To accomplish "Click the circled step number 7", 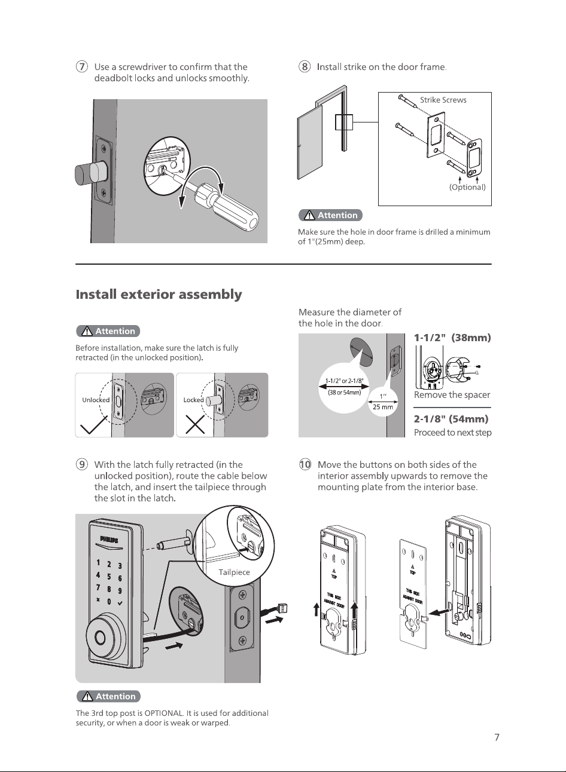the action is [x=81, y=66].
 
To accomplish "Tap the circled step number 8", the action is [x=305, y=66].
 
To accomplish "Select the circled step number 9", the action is [x=81, y=464].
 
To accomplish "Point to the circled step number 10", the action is [x=305, y=464].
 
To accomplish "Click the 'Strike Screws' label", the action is [x=443, y=100].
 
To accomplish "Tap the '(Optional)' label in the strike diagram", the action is [x=467, y=187].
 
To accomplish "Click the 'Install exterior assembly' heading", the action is [x=159, y=295].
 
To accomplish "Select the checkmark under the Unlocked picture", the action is [x=93, y=425].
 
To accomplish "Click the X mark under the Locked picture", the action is [x=195, y=424].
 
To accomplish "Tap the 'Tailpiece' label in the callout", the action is [x=234, y=572].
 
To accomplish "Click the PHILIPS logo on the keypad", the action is [x=109, y=540].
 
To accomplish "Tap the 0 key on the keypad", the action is [x=109, y=602].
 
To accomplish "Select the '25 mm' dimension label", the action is [x=383, y=407].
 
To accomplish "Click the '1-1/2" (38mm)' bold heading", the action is [x=452, y=338].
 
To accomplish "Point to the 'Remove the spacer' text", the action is [x=452, y=395].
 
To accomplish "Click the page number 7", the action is [x=497, y=737].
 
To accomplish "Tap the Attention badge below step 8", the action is [x=330, y=215].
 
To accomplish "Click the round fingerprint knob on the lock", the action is [x=102, y=638].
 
